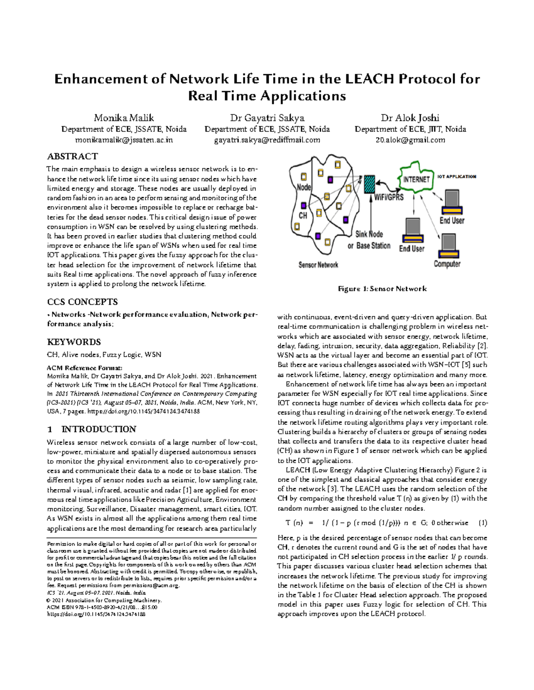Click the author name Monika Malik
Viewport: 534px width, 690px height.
coord(124,118)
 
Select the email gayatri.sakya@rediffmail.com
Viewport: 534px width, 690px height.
coord(267,140)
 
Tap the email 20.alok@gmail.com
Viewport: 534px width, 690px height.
coord(410,140)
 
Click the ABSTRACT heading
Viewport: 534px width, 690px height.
coord(72,156)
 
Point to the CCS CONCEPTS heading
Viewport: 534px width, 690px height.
coord(82,302)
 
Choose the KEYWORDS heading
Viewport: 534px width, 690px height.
coord(74,342)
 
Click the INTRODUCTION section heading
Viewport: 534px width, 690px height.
coord(98,429)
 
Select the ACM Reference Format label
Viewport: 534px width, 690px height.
coord(84,368)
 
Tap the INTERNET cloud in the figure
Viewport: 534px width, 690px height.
coord(416,179)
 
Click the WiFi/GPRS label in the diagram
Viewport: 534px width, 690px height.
coord(388,196)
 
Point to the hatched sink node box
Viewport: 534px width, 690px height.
coord(369,184)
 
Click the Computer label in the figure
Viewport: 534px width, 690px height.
coord(447,264)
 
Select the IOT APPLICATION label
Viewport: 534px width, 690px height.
coord(457,176)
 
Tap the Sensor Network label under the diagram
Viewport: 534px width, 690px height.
coord(318,265)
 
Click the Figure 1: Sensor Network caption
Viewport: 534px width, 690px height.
coord(382,289)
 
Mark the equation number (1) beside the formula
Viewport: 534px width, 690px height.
coord(482,523)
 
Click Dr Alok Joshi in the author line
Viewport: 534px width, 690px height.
coord(410,118)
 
